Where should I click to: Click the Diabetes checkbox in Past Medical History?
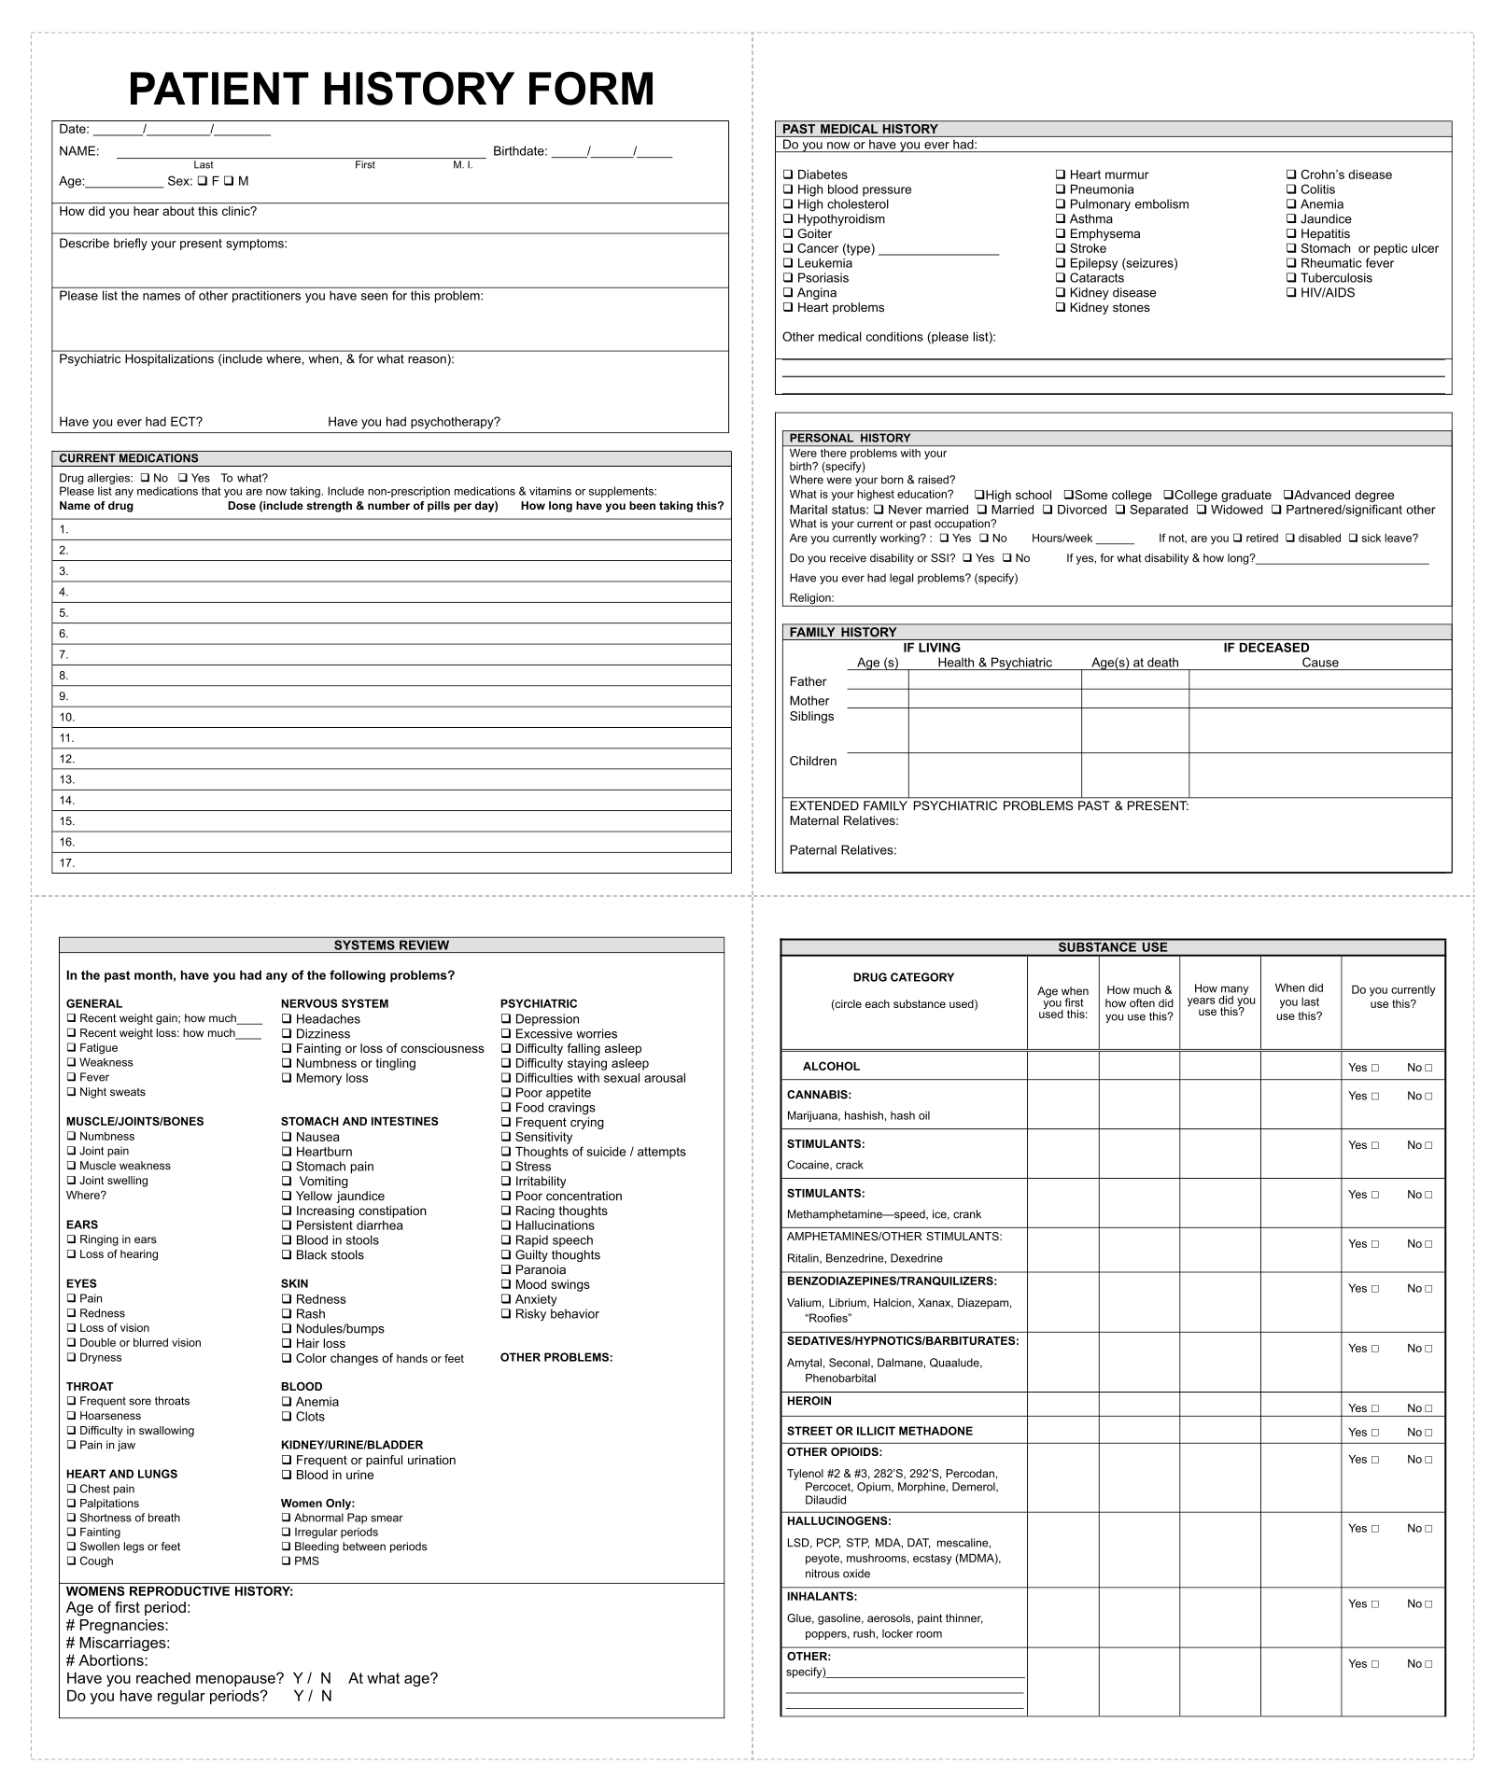click(x=788, y=175)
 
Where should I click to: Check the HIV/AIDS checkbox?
click(x=1291, y=292)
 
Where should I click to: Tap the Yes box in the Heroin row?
click(x=1374, y=1408)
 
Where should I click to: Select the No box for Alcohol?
click(x=1428, y=1068)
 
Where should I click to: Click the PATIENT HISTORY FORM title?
click(x=391, y=90)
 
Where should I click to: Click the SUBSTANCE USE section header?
click(x=1112, y=947)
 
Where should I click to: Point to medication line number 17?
click(x=67, y=863)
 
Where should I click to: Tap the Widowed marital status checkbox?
click(x=1202, y=510)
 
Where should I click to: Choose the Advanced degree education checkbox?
click(x=1287, y=495)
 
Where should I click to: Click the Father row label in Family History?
click(x=808, y=681)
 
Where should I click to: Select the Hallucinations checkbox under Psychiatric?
click(x=506, y=1225)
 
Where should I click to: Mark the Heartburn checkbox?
click(x=287, y=1152)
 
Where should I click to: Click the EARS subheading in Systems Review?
click(x=82, y=1225)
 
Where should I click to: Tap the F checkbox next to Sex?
click(x=202, y=181)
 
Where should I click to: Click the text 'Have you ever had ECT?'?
click(x=131, y=422)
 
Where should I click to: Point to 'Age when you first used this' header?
click(x=1062, y=1002)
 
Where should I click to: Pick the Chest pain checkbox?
click(x=71, y=1489)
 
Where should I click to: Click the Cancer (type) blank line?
click(x=938, y=250)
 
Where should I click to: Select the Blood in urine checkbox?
click(x=287, y=1475)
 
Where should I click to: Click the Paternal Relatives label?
click(x=842, y=850)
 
